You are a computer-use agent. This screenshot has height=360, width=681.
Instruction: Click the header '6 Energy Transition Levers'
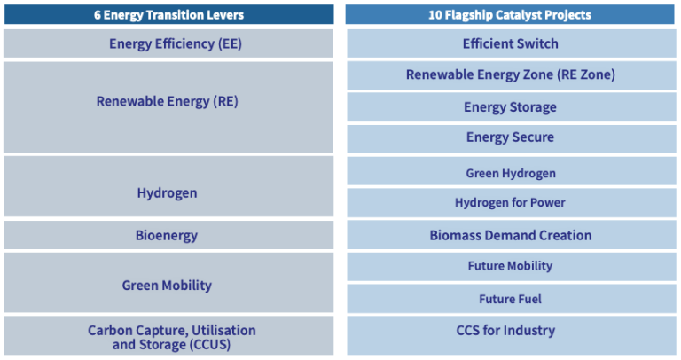168,14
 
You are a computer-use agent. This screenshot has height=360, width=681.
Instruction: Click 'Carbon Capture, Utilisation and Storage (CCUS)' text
171,337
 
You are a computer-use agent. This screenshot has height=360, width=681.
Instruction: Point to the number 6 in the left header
98,14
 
